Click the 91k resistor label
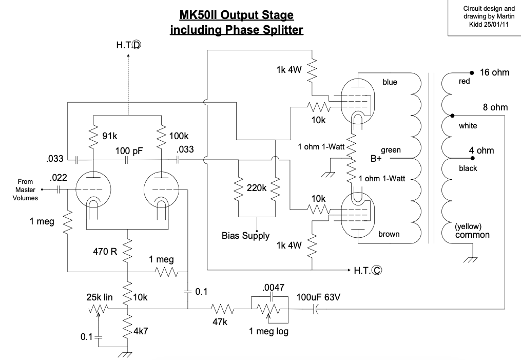click(x=110, y=136)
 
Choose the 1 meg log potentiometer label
click(x=268, y=331)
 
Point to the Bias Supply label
click(x=246, y=236)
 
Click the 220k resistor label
click(x=257, y=188)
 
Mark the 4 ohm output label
click(x=481, y=150)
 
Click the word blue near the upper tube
click(x=390, y=82)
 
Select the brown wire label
click(x=389, y=234)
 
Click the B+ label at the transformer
click(x=376, y=159)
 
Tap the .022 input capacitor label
click(x=60, y=178)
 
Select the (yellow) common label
click(x=472, y=231)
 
